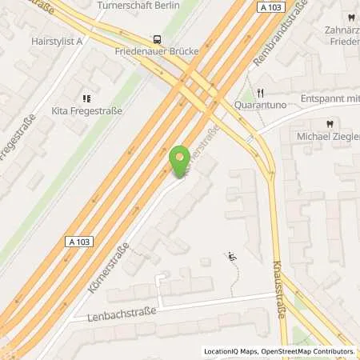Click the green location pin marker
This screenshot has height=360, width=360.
click(x=182, y=159)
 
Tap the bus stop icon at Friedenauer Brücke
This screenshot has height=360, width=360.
click(x=156, y=38)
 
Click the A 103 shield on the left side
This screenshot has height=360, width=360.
click(x=74, y=238)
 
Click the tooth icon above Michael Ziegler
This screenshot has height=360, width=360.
click(x=328, y=125)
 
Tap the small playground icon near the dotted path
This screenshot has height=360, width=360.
click(x=232, y=257)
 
